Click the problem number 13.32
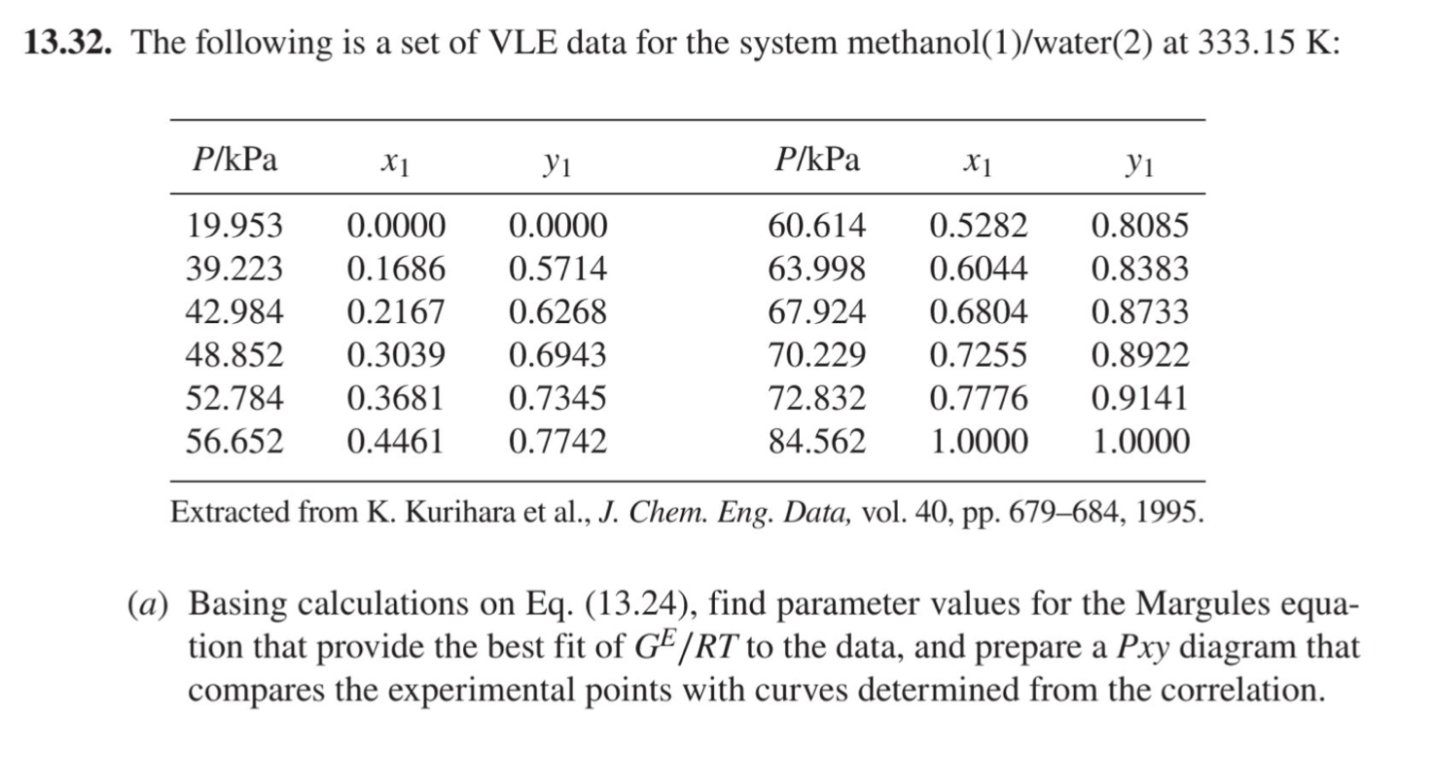tap(65, 44)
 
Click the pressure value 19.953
tap(234, 227)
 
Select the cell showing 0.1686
tap(396, 270)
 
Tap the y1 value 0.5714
tap(557, 270)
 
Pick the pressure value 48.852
tap(234, 355)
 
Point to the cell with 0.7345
tap(557, 398)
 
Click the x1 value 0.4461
tap(396, 442)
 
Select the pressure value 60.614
tap(816, 227)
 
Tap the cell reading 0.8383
tap(1139, 270)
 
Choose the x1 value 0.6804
tap(978, 312)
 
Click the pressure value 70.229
tap(816, 355)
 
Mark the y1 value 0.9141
tap(1139, 398)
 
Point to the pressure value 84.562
tap(816, 442)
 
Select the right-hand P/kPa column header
tap(816, 161)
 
